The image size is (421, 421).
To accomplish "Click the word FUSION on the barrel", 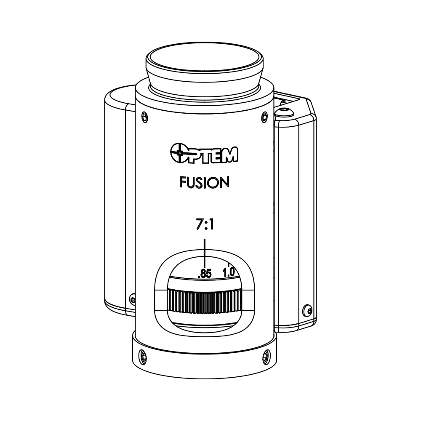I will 204,182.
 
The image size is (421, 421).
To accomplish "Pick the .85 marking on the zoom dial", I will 205,274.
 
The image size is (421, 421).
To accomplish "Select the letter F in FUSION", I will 183,182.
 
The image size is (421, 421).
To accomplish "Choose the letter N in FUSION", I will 224,182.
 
